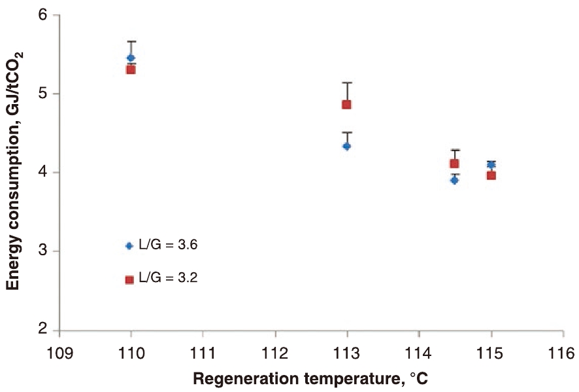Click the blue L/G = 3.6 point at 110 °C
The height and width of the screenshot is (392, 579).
point(131,58)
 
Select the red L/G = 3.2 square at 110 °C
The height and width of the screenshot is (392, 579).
point(131,69)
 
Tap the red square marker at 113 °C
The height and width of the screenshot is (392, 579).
point(346,104)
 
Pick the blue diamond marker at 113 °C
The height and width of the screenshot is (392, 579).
point(346,146)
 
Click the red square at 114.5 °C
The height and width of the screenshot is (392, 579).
point(454,164)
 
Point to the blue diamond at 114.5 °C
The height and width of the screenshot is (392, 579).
point(454,180)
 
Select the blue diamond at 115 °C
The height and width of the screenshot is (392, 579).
point(491,165)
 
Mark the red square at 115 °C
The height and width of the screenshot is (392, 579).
point(491,175)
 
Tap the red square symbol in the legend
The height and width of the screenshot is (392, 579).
point(129,279)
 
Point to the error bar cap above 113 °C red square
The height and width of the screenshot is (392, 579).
point(346,82)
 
